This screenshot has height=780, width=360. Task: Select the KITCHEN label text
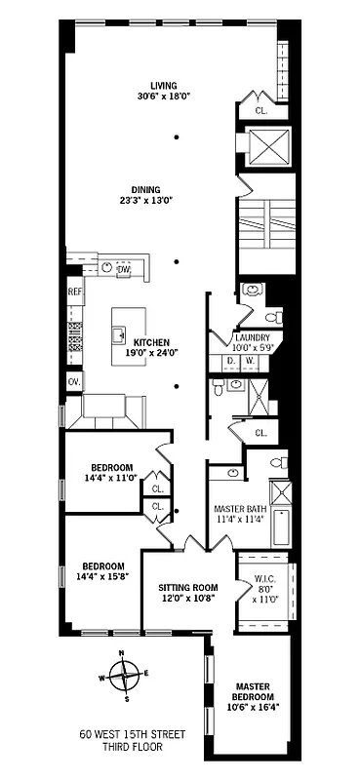pyautogui.click(x=151, y=342)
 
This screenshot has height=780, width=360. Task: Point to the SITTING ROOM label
pyautogui.click(x=189, y=587)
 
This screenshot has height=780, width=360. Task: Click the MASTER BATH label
pyautogui.click(x=239, y=509)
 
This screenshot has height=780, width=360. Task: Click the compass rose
pyautogui.click(x=124, y=674)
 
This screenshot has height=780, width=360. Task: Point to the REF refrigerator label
pyautogui.click(x=75, y=292)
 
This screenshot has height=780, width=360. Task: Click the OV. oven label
pyautogui.click(x=74, y=381)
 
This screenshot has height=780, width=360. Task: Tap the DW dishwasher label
pyautogui.click(x=124, y=268)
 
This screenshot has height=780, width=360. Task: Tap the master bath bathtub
pyautogui.click(x=281, y=527)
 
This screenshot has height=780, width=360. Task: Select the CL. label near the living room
pyautogui.click(x=260, y=111)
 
